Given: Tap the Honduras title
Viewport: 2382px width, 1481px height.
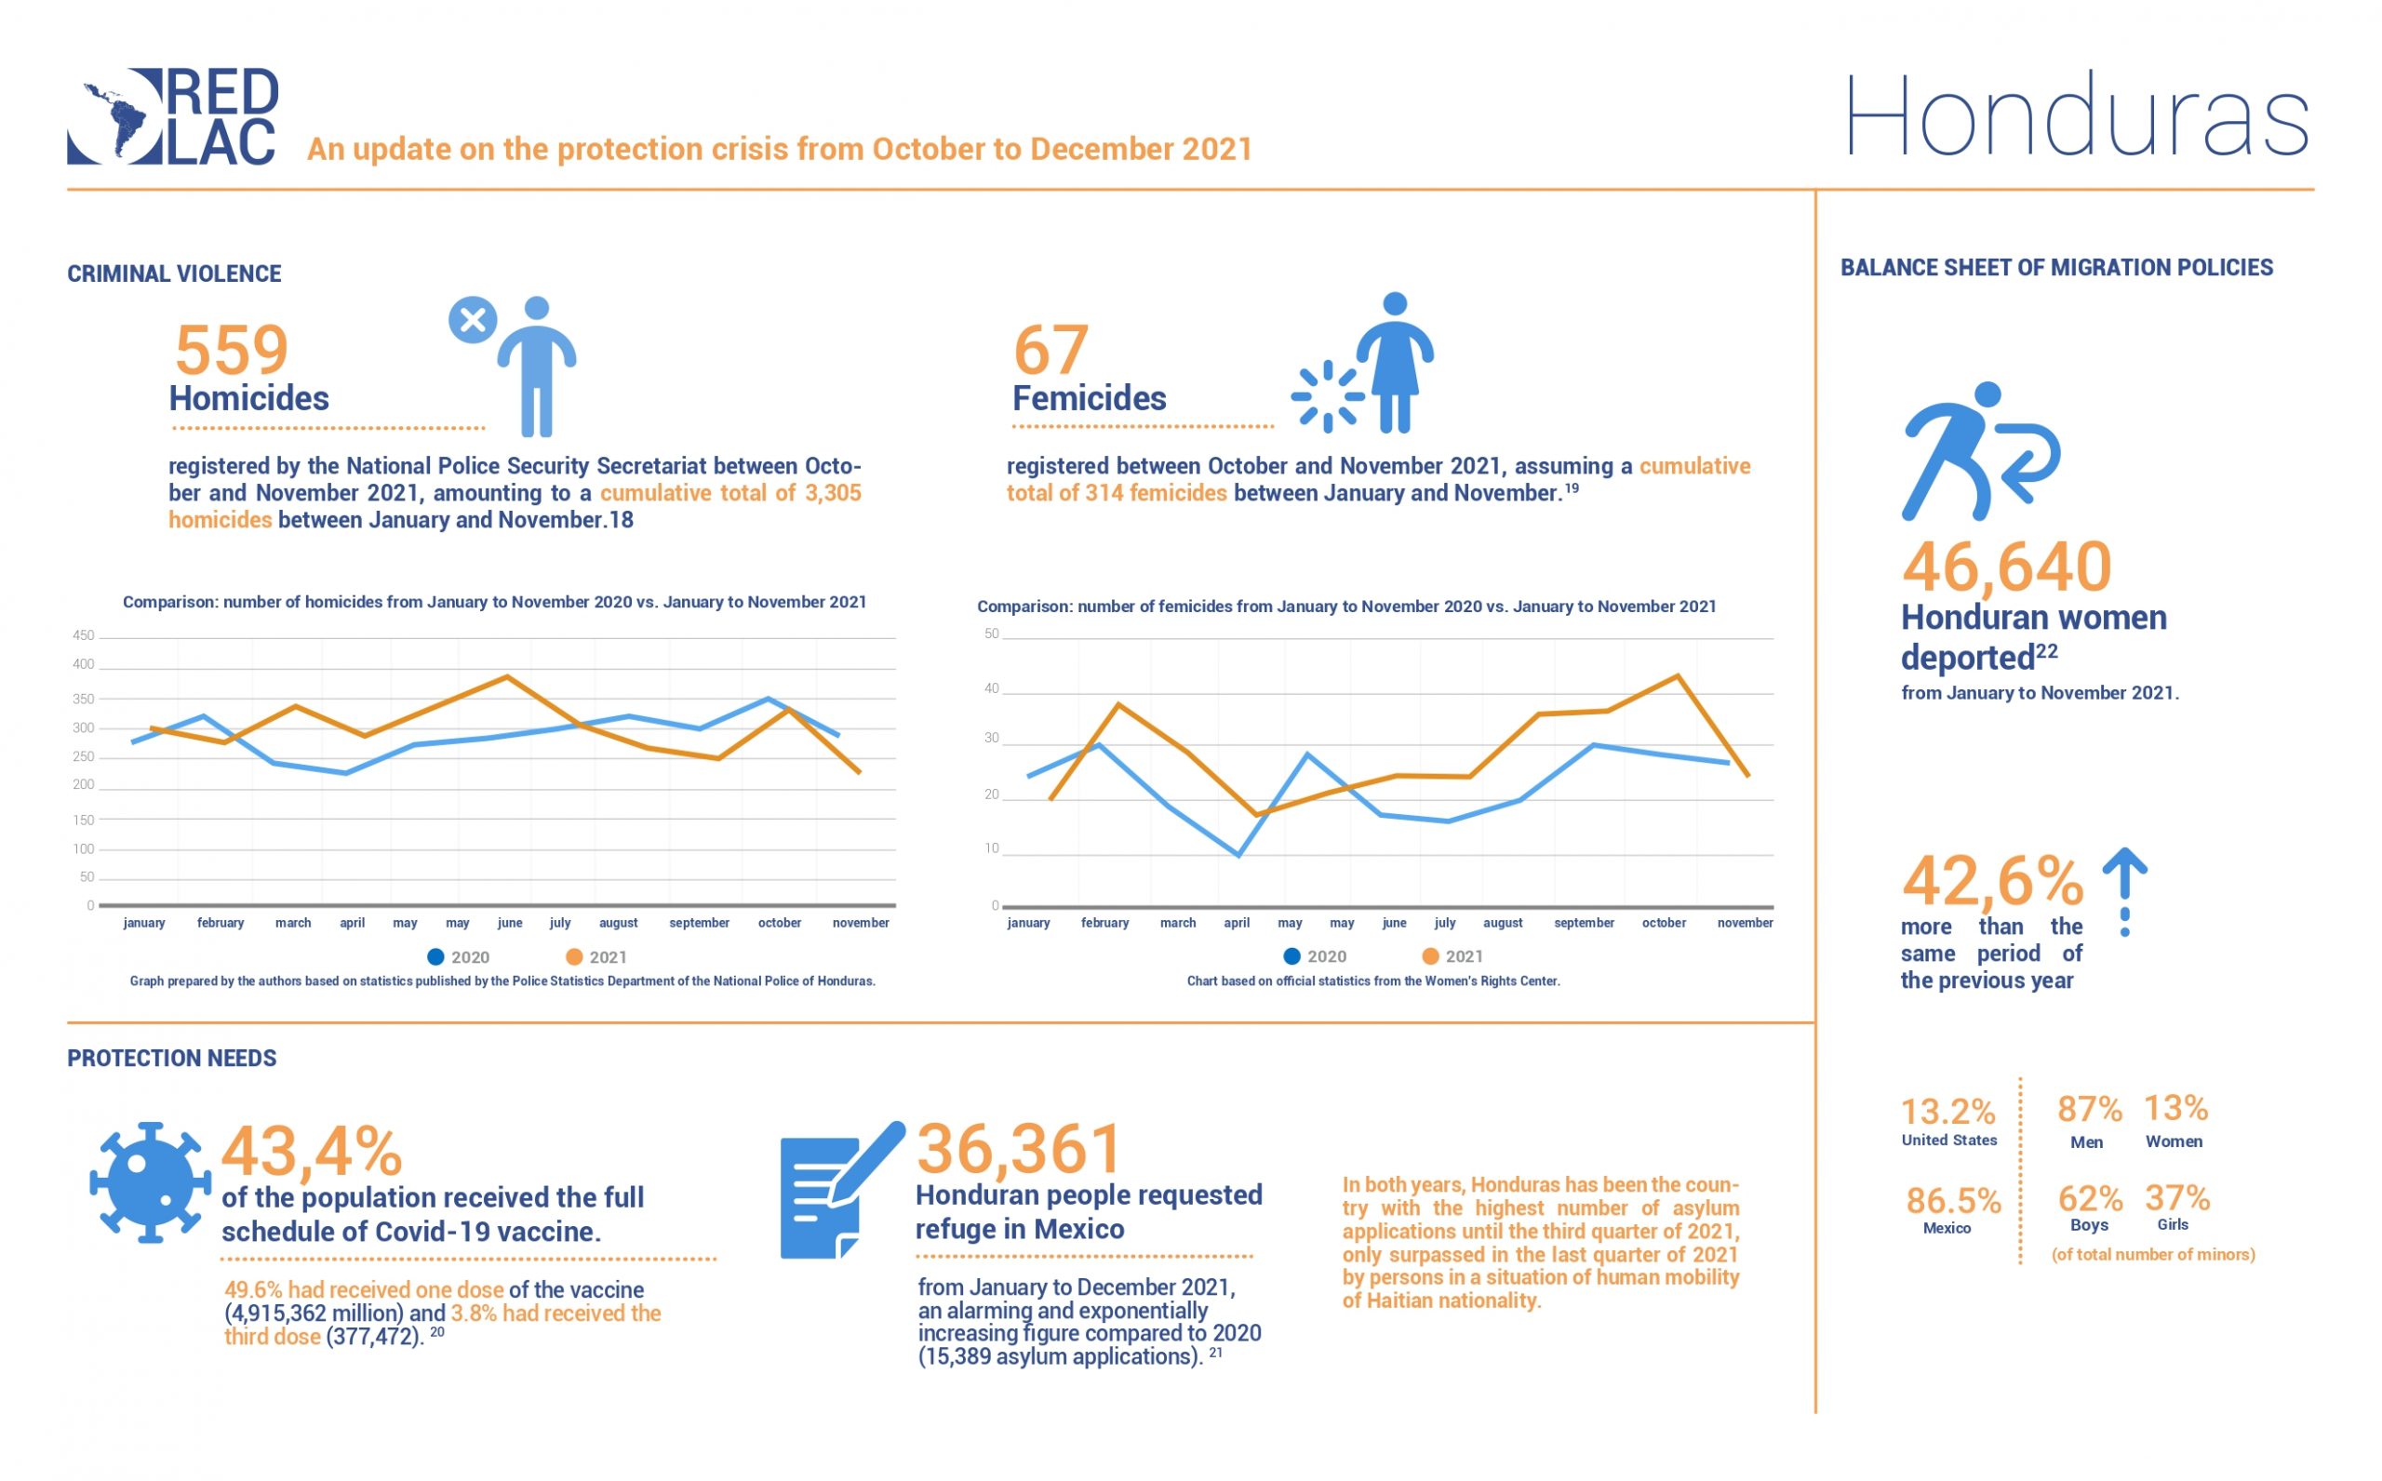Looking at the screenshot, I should coord(2076,117).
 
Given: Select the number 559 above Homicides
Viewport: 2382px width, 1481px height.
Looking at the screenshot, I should coord(231,350).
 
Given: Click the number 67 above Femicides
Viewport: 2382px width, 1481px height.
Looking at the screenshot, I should coord(1050,350).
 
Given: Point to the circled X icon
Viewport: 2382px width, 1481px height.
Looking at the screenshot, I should coord(472,320).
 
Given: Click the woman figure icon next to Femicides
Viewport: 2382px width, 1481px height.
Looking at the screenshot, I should coord(1394,363).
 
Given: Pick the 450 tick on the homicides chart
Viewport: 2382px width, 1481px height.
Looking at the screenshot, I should coord(83,635).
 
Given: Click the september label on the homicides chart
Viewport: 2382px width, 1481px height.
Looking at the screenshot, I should coord(699,923).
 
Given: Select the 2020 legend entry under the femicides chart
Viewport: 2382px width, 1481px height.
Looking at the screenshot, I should coord(1315,956).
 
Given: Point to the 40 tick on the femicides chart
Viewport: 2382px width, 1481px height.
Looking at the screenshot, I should coord(991,688).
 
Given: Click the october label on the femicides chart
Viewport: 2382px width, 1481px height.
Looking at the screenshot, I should coord(1663,923).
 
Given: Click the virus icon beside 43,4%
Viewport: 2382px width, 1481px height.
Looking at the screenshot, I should coord(150,1182).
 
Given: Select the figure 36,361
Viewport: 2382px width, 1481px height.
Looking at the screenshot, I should coord(1019,1149).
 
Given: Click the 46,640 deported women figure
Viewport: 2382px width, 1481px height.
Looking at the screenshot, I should coord(2006,567).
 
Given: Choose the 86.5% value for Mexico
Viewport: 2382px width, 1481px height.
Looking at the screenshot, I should coord(1952,1201).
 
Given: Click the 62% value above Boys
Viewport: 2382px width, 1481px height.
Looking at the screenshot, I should coord(2089,1198).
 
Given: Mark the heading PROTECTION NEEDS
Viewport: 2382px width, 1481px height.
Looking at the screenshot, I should coord(171,1058).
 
